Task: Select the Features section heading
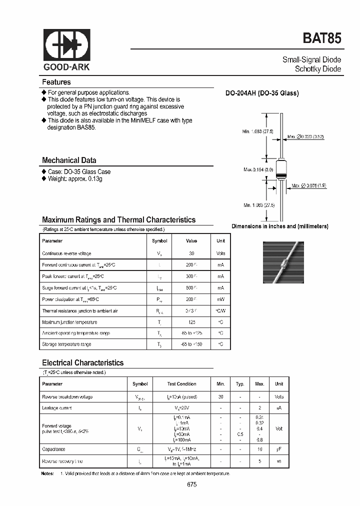click(x=56, y=82)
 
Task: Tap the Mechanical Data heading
click(x=69, y=160)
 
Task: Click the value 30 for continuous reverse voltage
click(x=191, y=253)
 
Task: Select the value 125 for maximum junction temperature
click(x=191, y=322)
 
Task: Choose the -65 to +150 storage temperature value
click(x=191, y=344)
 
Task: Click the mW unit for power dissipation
click(x=220, y=299)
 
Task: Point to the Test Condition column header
click(x=181, y=384)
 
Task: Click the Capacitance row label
click(x=53, y=449)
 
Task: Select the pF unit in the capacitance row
click(x=279, y=449)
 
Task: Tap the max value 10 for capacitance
click(x=259, y=449)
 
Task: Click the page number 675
click(x=192, y=484)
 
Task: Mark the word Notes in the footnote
click(x=47, y=473)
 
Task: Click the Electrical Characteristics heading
click(x=82, y=363)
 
